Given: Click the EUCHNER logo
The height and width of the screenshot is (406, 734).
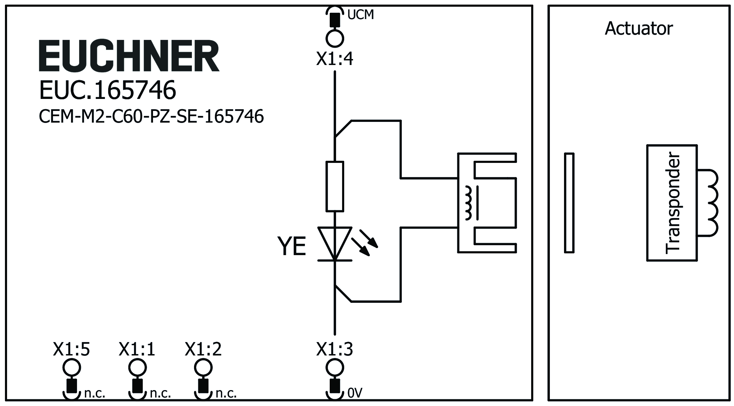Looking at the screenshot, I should (129, 56).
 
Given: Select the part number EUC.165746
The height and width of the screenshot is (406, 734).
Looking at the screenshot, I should (107, 90).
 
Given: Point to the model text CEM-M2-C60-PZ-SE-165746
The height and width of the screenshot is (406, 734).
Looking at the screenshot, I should (151, 116).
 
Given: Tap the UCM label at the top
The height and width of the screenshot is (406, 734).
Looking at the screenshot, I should (360, 15).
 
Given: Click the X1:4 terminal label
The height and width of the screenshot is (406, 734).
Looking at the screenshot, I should (334, 59).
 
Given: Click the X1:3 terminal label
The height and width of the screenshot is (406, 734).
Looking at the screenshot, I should (334, 349).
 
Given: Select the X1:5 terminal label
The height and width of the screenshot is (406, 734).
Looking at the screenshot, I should (71, 349).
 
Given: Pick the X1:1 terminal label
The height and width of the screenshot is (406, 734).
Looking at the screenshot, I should (137, 349).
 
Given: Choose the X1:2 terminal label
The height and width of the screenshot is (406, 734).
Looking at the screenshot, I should (203, 349).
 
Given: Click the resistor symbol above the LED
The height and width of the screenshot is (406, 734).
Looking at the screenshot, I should (335, 186).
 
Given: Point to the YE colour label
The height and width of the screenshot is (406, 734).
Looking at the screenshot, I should (292, 247).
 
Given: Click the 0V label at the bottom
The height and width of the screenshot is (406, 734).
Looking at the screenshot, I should (355, 393).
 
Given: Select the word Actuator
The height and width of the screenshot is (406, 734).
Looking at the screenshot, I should (639, 28).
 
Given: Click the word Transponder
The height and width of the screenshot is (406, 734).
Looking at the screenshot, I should (672, 203).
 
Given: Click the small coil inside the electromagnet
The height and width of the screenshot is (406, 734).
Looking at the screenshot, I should (469, 203).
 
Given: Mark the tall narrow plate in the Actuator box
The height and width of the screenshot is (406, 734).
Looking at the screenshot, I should (569, 203).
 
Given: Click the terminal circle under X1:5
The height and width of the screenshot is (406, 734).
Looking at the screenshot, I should (71, 368).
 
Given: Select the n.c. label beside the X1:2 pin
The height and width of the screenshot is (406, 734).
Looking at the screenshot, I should (226, 393).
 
